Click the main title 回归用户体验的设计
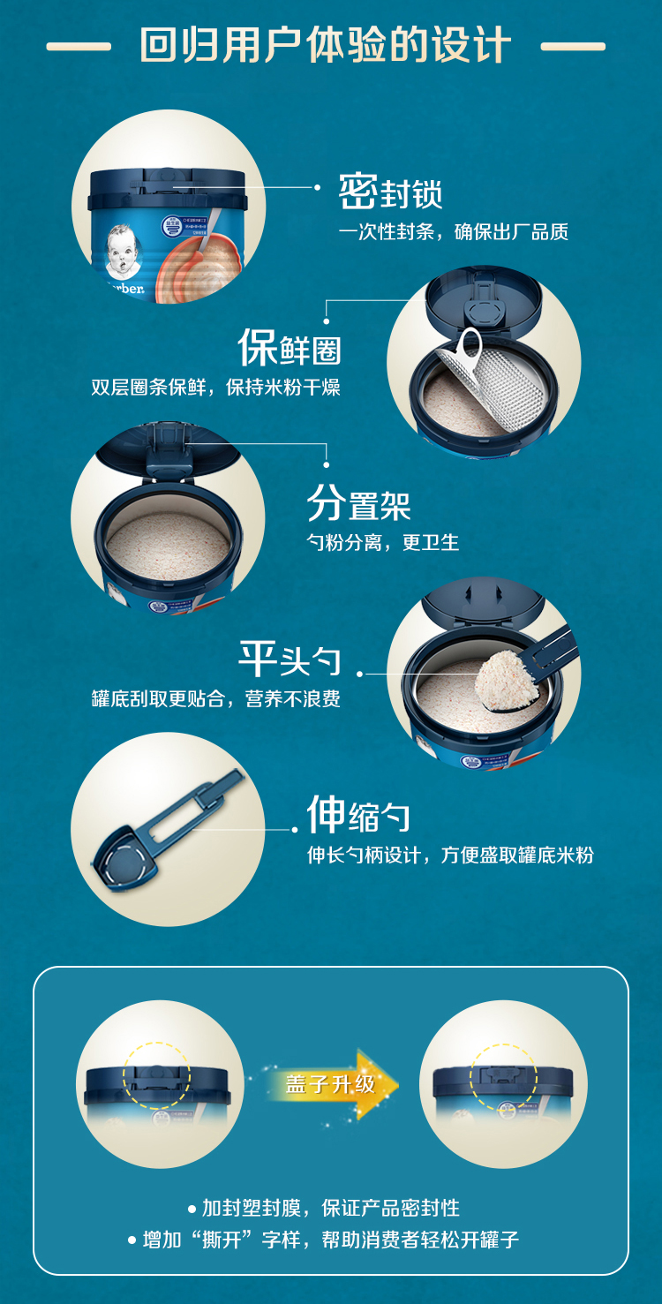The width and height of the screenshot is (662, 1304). pos(325,45)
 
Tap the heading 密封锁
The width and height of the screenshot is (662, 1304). pos(391,192)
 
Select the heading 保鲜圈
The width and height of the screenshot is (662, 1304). pos(290,348)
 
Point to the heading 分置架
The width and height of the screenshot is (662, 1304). pos(358,503)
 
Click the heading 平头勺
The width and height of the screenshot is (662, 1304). pos(290,660)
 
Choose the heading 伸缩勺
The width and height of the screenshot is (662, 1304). pos(358,815)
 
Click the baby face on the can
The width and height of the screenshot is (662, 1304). pos(123,251)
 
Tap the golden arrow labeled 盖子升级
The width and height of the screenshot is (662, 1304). pos(331,1084)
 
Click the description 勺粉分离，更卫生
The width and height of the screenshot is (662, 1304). pos(382,543)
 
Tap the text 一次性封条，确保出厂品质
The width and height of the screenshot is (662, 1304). pos(453,231)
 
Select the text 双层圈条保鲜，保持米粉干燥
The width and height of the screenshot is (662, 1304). pos(215,387)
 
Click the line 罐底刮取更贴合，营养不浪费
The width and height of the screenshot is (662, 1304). pos(215,698)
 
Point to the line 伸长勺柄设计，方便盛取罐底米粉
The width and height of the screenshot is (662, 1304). pos(450,856)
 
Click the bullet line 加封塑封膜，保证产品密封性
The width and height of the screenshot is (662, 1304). pos(324,1209)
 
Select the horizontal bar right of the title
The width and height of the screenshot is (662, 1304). pos(574,46)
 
